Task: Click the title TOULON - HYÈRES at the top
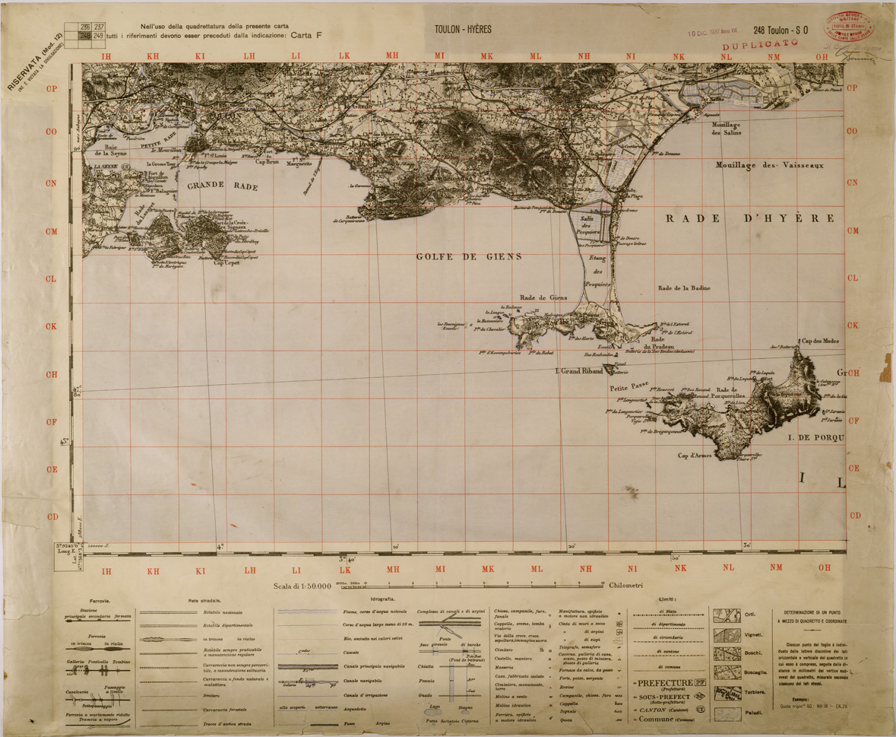tap(463, 30)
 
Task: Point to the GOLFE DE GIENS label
tap(469, 257)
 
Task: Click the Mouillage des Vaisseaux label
tap(771, 164)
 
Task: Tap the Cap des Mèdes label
tap(821, 341)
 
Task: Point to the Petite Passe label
tap(628, 387)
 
